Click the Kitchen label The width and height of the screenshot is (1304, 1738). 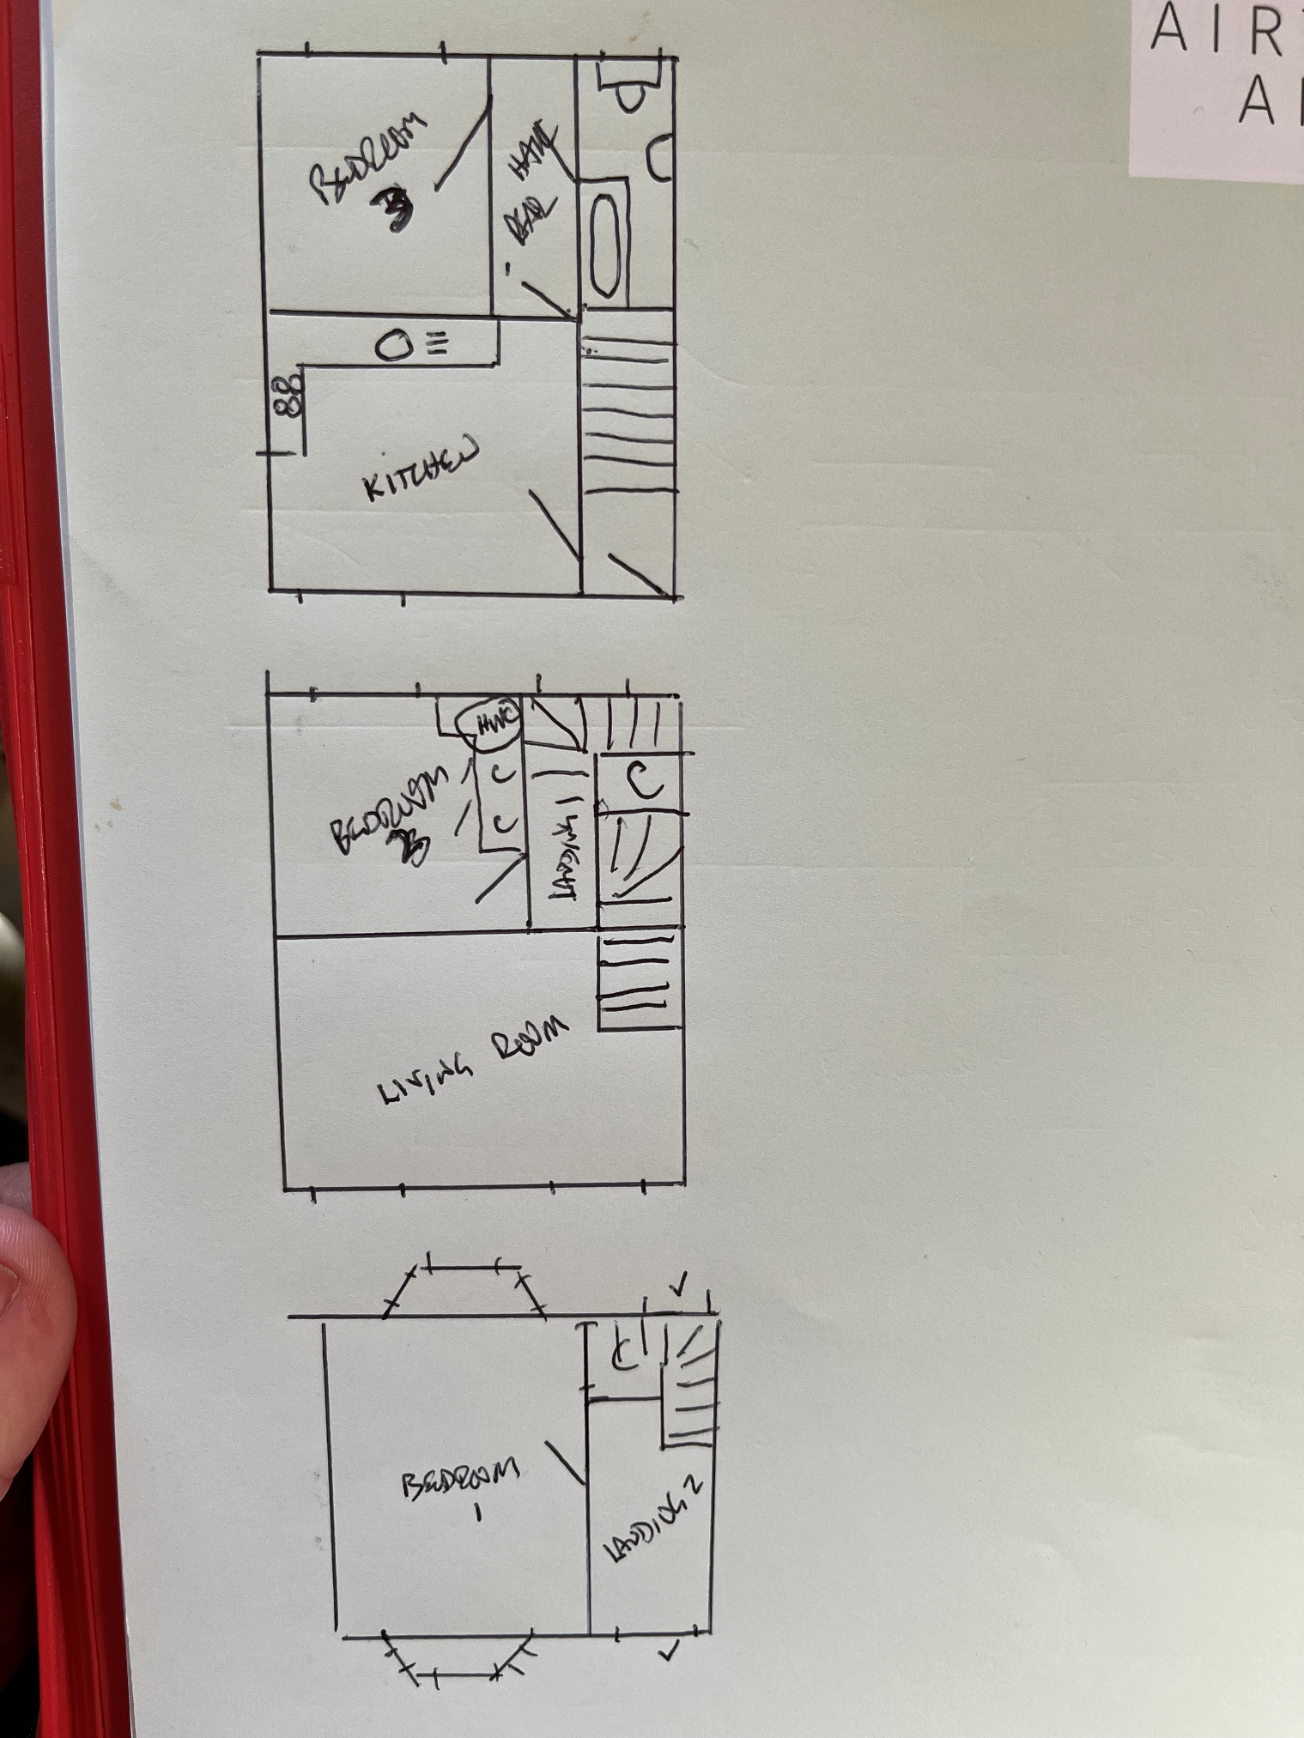421,469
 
